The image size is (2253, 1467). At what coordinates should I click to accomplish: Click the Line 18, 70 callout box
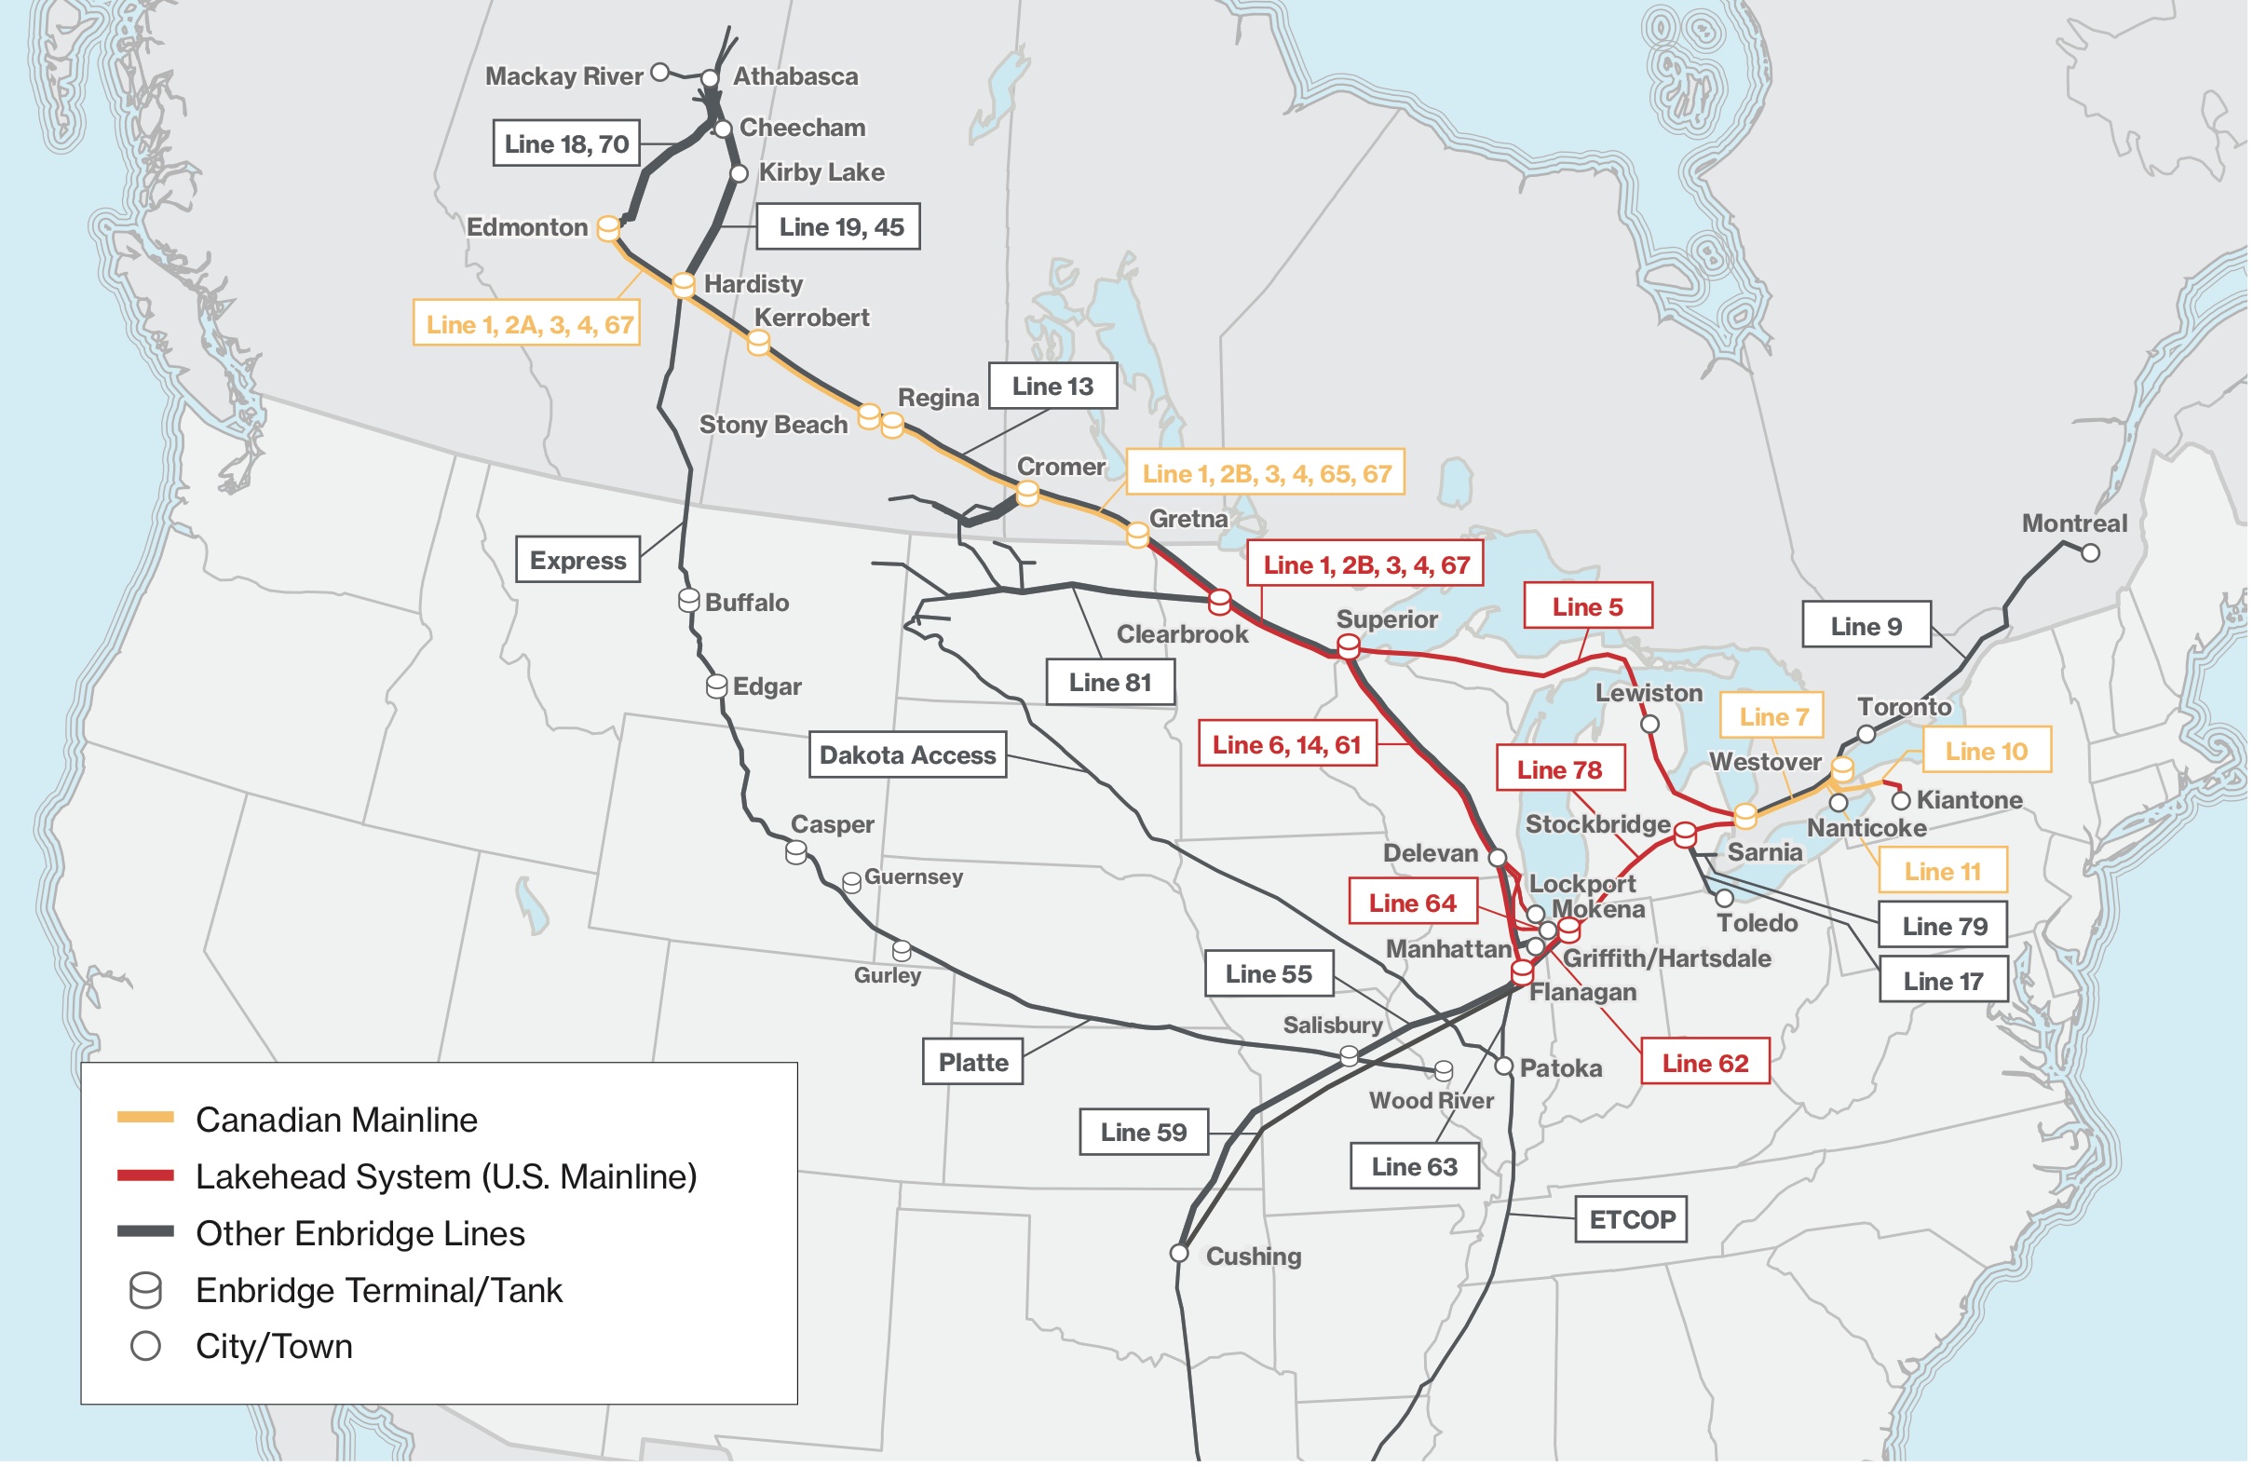click(x=567, y=143)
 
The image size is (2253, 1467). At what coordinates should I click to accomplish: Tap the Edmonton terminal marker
click(x=609, y=228)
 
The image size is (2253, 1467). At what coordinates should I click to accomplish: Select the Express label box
click(x=578, y=561)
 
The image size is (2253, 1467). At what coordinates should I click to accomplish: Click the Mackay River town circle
click(x=661, y=72)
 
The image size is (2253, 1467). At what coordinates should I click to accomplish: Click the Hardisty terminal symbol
click(x=685, y=284)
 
